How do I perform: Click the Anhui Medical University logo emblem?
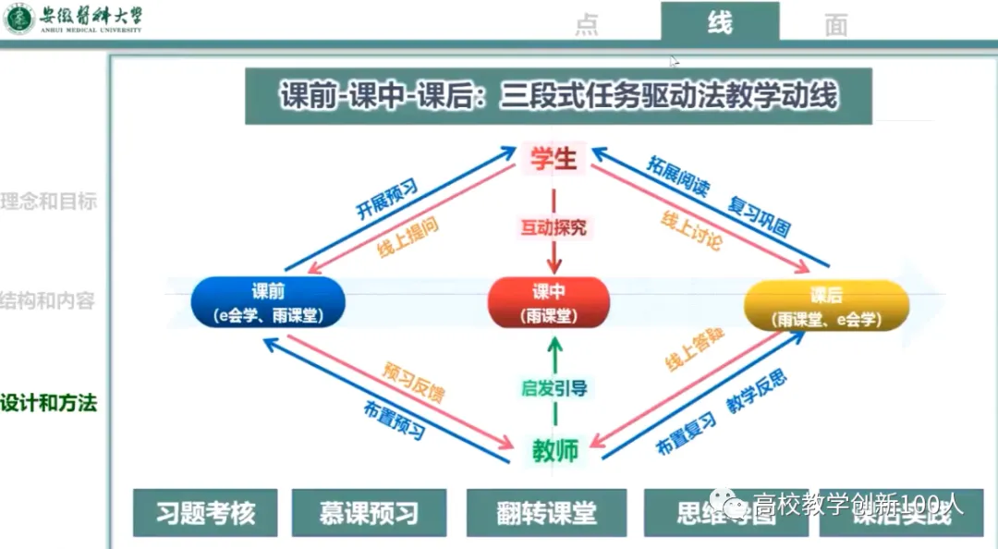point(19,18)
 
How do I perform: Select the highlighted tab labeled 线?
point(720,22)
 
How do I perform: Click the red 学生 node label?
point(554,159)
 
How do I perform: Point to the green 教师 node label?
point(554,450)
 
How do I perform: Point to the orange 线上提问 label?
point(407,238)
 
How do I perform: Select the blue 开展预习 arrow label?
point(387,198)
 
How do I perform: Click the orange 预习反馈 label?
point(413,382)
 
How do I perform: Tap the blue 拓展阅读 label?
point(679,177)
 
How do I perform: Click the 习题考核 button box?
point(205,513)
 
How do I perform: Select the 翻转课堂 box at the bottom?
point(546,513)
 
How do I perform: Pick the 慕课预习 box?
point(369,513)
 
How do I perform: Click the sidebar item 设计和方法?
point(48,403)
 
